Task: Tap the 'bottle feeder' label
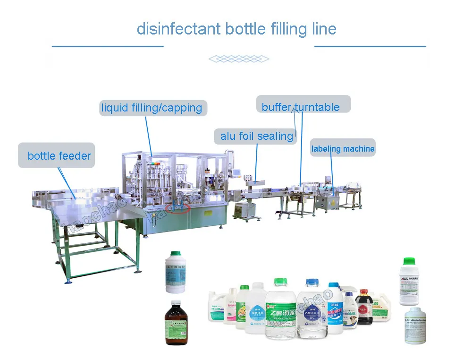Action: (59, 156)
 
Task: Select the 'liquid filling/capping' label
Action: (152, 108)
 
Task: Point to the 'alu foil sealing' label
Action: (256, 137)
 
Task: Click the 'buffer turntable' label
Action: (301, 107)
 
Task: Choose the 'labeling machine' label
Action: (343, 149)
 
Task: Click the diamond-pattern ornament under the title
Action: (238, 59)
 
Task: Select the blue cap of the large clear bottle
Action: (312, 283)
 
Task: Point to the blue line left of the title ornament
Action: (108, 46)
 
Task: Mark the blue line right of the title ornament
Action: (370, 46)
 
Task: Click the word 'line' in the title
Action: (324, 29)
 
